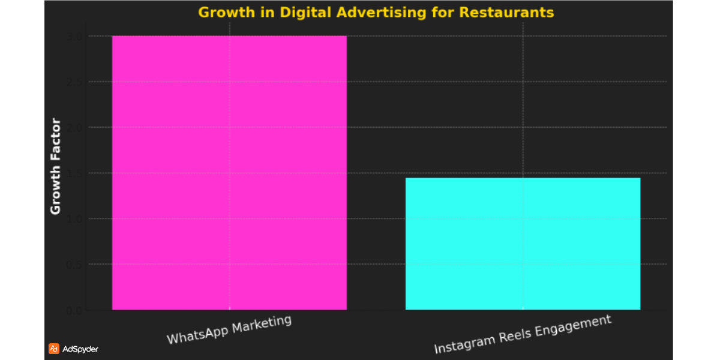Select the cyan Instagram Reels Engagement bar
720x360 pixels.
point(523,244)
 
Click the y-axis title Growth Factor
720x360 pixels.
point(55,167)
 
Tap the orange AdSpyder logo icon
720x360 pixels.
point(53,349)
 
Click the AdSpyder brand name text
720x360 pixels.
point(80,349)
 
